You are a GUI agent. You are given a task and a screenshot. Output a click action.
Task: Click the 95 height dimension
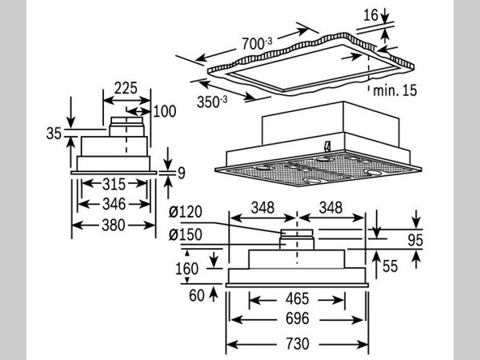[437, 238]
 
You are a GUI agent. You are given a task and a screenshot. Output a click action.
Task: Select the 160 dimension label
[186, 268]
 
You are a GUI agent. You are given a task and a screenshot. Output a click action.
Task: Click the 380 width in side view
[112, 226]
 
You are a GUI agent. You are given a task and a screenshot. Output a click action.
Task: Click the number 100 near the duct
[163, 111]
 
